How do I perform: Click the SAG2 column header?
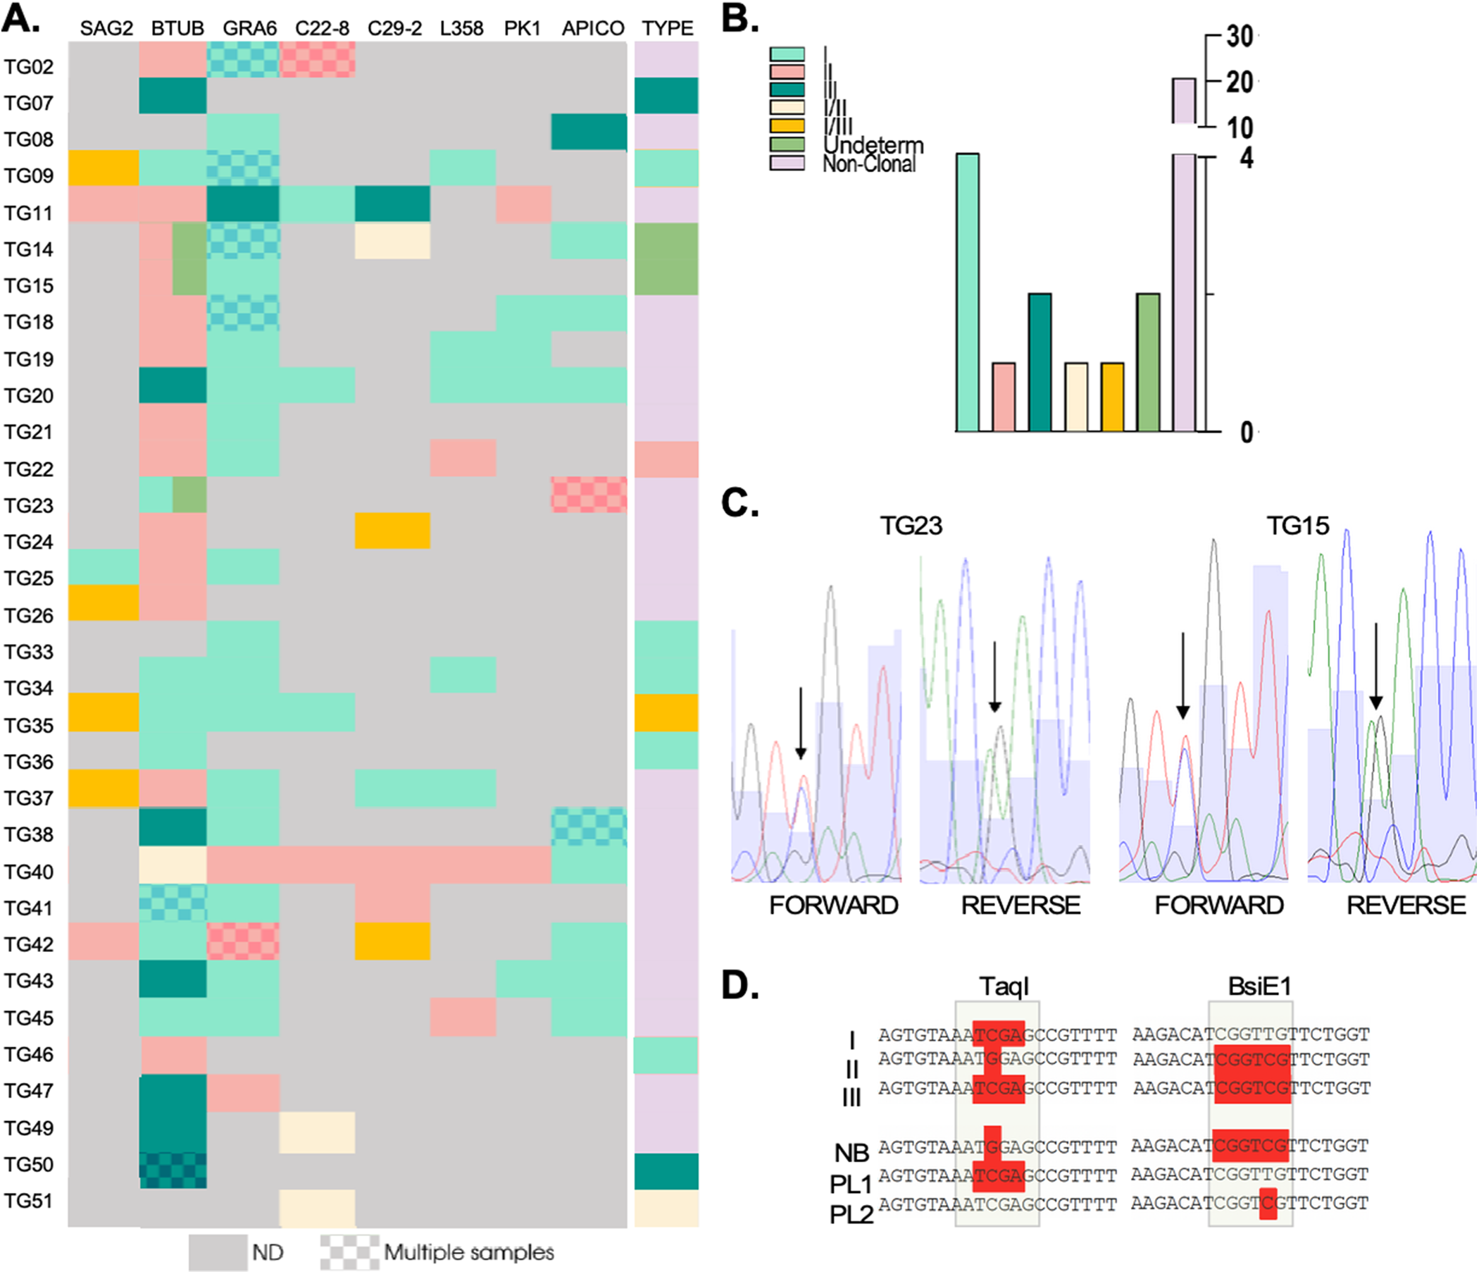[106, 29]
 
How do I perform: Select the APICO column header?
[592, 29]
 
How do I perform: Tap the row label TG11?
[29, 213]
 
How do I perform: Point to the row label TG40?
[29, 872]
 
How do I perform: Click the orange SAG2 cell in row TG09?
[104, 168]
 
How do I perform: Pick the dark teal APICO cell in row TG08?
[589, 132]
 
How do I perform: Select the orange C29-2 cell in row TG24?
[392, 531]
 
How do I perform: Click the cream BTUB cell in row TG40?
[173, 865]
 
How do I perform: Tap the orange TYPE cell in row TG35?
[666, 712]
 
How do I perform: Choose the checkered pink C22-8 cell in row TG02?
[318, 59]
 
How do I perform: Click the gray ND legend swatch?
[218, 1253]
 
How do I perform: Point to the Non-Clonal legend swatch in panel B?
[787, 163]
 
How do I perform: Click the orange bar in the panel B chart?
[1112, 397]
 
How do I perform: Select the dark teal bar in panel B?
[1040, 362]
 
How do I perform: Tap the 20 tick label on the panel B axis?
[1240, 82]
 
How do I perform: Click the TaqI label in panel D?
[1004, 987]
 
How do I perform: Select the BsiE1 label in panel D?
[1259, 987]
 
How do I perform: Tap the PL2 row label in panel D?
[851, 1214]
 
